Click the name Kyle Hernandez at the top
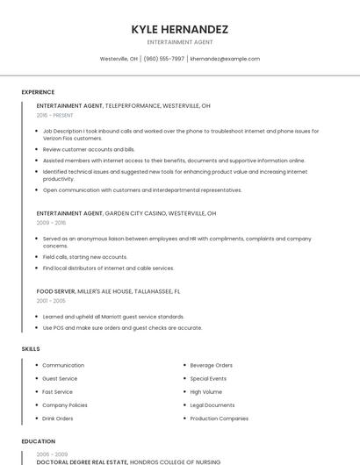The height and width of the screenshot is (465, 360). click(x=179, y=29)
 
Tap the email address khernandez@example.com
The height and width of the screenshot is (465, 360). click(x=225, y=59)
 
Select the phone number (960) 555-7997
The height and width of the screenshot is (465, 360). click(x=163, y=59)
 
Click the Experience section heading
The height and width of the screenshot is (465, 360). click(x=38, y=92)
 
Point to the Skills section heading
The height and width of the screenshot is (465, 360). click(x=31, y=349)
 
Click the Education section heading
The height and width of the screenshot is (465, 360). click(x=38, y=441)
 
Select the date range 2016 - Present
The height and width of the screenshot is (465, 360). click(x=54, y=115)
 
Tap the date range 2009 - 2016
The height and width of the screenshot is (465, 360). click(x=51, y=223)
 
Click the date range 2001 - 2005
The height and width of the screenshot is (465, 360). click(x=51, y=300)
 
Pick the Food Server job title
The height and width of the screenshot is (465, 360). click(x=55, y=290)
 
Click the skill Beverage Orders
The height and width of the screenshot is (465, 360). click(x=211, y=365)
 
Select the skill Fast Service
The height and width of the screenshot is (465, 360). click(x=57, y=391)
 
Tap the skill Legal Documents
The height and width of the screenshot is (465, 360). click(x=212, y=405)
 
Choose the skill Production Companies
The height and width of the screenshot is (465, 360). click(x=219, y=418)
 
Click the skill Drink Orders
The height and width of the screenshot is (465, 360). click(x=58, y=418)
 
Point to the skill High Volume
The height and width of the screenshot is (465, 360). click(x=205, y=391)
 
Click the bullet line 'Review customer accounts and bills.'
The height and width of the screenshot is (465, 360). click(x=89, y=149)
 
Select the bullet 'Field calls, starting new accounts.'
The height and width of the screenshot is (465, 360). click(x=85, y=257)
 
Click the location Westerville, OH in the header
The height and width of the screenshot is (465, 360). click(x=119, y=59)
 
